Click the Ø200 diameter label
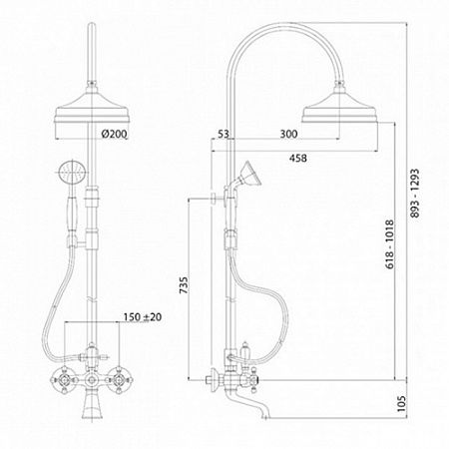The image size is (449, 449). coord(114,134)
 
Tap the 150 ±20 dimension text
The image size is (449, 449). coord(143,317)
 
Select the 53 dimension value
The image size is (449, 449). coord(224,134)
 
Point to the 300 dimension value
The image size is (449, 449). coord(288,134)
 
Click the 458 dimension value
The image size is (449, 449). coord(298,158)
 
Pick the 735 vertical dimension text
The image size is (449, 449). coord(184,284)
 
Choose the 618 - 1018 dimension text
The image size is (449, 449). coord(390,243)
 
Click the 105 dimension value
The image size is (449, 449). coord(402,403)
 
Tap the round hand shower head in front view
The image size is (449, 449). coord(72,172)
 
